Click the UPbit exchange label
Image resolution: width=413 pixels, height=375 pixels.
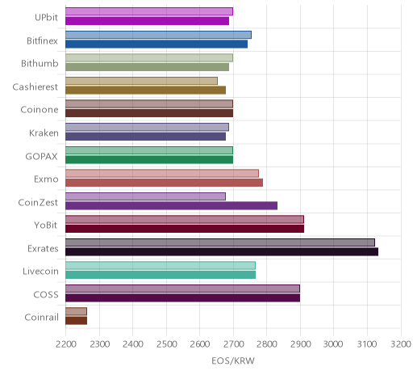tap(46, 18)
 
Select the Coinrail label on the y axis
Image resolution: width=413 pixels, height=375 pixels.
tap(41, 318)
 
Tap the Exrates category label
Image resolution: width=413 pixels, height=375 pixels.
tap(43, 248)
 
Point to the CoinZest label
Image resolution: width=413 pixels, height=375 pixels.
tap(38, 202)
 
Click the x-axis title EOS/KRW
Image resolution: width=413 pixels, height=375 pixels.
tap(233, 360)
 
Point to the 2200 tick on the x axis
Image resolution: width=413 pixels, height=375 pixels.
tap(65, 344)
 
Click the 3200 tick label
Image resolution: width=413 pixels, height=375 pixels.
tap(401, 344)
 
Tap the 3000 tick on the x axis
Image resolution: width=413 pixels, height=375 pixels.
tap(333, 344)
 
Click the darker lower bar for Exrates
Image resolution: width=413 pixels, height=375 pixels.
tap(222, 252)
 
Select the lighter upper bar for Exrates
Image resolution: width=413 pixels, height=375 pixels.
tap(220, 242)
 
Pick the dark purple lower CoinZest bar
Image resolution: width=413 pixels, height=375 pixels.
tap(172, 205)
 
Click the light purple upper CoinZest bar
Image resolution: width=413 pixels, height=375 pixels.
tap(145, 196)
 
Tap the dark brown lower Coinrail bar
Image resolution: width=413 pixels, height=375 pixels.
tap(77, 321)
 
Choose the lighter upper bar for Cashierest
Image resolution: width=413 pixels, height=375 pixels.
tap(141, 81)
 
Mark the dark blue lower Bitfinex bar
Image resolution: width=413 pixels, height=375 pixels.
tap(156, 44)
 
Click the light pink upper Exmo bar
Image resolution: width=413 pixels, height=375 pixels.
tap(162, 173)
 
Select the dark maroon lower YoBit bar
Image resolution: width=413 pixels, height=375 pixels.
tap(185, 229)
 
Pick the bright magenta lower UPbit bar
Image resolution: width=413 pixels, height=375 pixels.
tap(148, 21)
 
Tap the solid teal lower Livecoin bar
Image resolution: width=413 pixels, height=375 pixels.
tap(161, 275)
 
